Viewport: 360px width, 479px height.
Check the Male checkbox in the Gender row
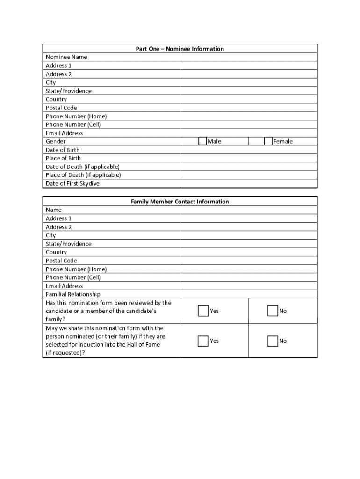pyautogui.click(x=202, y=141)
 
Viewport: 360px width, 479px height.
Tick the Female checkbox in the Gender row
pyautogui.click(x=268, y=141)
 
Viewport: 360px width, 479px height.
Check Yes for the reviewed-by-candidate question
pyautogui.click(x=203, y=311)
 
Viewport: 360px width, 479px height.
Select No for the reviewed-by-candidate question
pyautogui.click(x=272, y=311)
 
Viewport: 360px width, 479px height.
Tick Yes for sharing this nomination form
pyautogui.click(x=203, y=341)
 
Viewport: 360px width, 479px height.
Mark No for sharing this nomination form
pyautogui.click(x=272, y=341)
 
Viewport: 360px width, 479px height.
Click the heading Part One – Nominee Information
pyautogui.click(x=180, y=49)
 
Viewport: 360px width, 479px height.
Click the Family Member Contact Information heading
pyautogui.click(x=180, y=202)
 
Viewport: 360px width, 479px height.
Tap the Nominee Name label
pyautogui.click(x=66, y=57)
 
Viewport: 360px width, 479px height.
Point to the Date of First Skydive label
pyautogui.click(x=72, y=183)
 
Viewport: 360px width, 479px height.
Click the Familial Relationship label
pyautogui.click(x=73, y=294)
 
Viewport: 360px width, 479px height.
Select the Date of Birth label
pyautogui.click(x=62, y=150)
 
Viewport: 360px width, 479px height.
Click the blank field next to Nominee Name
pyautogui.click(x=248, y=57)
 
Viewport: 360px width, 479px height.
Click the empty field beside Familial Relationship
pyautogui.click(x=248, y=294)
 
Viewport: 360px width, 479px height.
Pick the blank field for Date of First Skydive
pyautogui.click(x=248, y=183)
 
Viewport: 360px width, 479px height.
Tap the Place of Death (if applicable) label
pyautogui.click(x=83, y=175)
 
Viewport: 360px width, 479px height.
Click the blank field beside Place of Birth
pyautogui.click(x=248, y=158)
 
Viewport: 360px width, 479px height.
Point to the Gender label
pyautogui.click(x=56, y=141)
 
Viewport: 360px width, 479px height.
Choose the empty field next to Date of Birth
pyautogui.click(x=248, y=150)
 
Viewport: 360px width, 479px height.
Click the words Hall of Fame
pyautogui.click(x=144, y=345)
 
